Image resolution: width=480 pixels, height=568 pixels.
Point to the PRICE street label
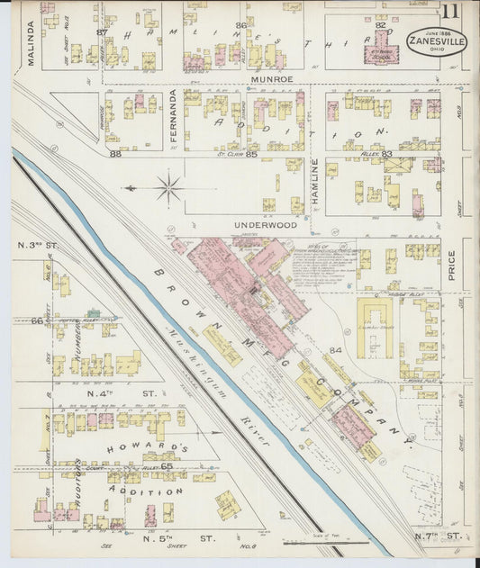click(x=451, y=266)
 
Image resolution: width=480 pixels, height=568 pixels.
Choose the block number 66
click(x=36, y=320)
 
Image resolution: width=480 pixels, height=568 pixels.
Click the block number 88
click(x=115, y=154)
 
